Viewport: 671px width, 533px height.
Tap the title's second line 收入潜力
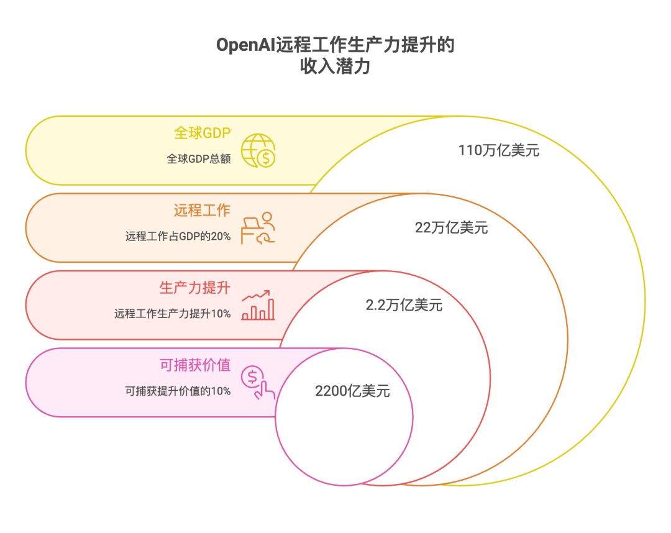point(335,66)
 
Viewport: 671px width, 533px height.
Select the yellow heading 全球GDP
point(202,134)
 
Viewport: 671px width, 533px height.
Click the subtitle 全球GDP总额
point(199,158)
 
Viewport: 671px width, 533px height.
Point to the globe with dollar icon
point(258,150)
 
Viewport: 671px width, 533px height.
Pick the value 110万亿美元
point(499,150)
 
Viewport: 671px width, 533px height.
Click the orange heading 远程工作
point(202,211)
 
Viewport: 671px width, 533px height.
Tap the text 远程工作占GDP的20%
point(178,236)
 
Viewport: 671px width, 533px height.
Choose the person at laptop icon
point(258,227)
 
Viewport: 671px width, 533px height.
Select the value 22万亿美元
point(452,228)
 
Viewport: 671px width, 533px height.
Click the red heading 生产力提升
point(195,288)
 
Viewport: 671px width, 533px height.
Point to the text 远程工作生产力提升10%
point(173,314)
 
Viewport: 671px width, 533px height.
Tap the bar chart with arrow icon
point(258,305)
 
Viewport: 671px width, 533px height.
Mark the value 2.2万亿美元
point(404,305)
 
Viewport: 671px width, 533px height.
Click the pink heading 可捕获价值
point(195,365)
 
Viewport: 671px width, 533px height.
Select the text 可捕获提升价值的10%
point(178,391)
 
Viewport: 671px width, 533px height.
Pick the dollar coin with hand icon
point(258,382)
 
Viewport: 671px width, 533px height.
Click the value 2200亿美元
point(352,391)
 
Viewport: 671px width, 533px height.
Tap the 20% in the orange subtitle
point(222,236)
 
